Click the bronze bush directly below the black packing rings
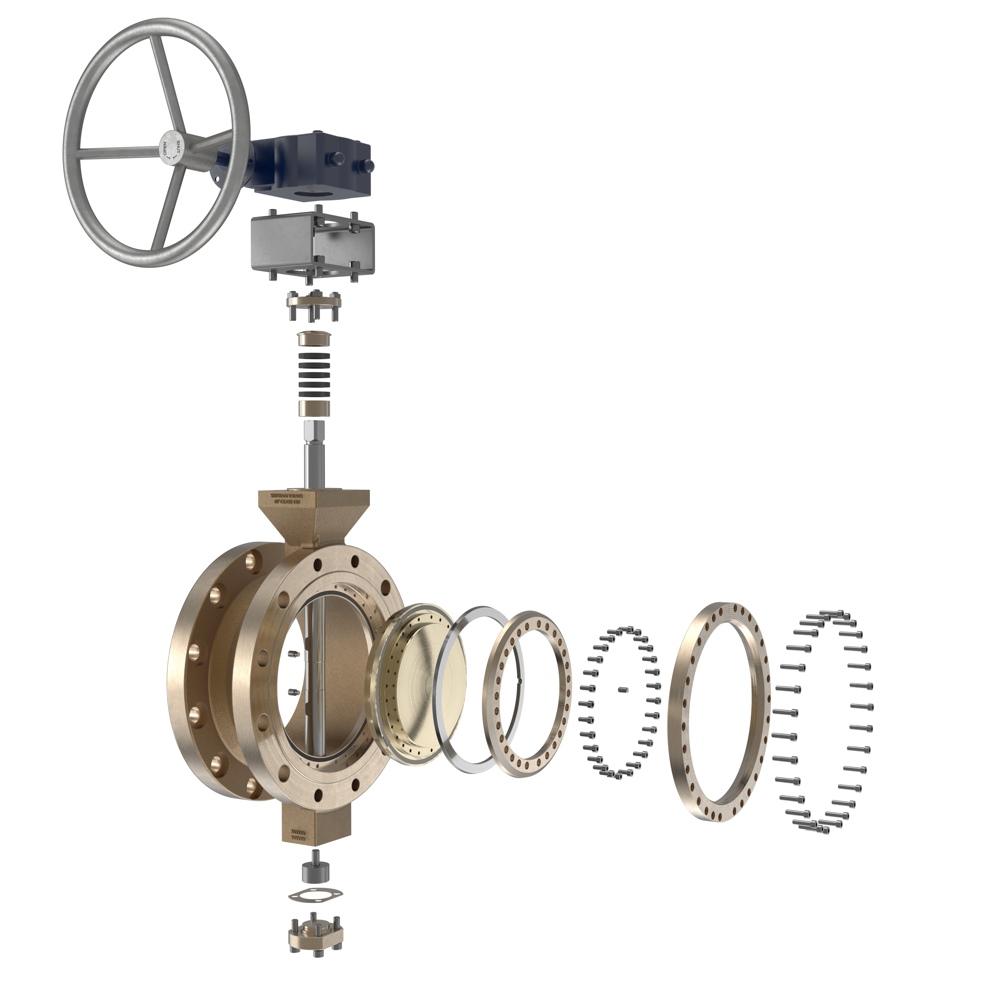pos(314,409)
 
